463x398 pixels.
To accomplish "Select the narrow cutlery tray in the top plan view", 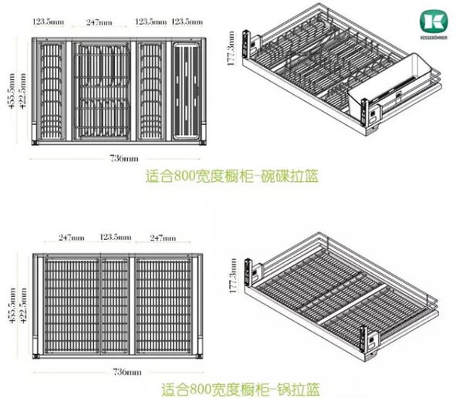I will point(188,90).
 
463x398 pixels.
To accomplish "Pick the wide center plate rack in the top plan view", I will point(103,90).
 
